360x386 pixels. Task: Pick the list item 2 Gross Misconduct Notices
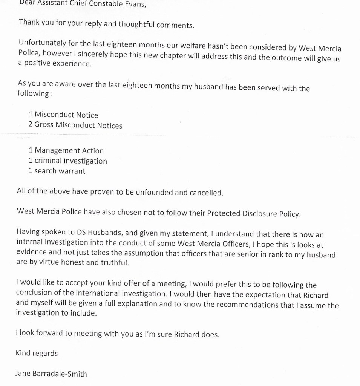75,125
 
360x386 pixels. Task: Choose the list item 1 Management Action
66,151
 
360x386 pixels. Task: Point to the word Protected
224,213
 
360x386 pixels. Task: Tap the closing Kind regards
37,353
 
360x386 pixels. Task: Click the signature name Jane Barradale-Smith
51,374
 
